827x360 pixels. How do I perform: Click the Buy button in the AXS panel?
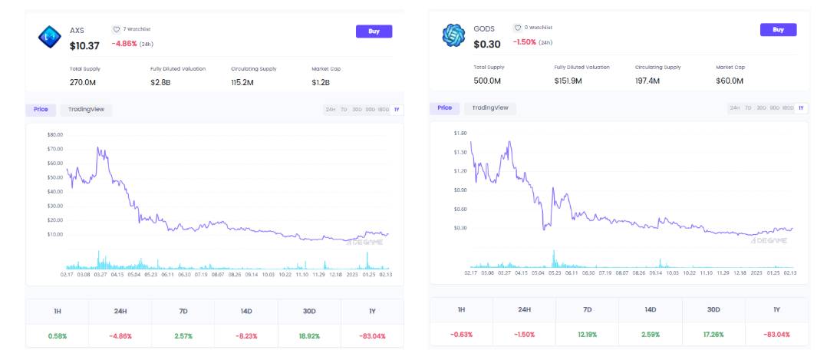coord(374,31)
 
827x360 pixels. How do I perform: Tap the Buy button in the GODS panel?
coord(778,30)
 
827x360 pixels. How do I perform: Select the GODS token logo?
coord(454,35)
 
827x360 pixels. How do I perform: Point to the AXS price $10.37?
coord(85,45)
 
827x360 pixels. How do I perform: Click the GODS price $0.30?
coord(486,44)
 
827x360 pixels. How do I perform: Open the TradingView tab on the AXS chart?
coord(86,110)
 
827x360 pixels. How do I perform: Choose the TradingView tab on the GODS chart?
coord(490,108)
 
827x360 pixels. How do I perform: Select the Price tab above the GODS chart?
coord(444,108)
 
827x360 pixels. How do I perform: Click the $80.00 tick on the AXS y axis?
coord(54,135)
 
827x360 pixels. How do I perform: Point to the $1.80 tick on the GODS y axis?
coord(460,134)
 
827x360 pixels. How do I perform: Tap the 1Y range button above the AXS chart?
coord(397,110)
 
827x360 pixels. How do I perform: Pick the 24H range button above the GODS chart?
coord(734,108)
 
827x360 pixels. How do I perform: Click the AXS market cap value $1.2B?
coord(321,82)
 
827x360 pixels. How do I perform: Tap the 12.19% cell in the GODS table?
coord(587,335)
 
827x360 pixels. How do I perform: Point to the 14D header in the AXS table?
coord(247,312)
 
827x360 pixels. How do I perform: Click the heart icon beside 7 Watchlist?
coord(117,29)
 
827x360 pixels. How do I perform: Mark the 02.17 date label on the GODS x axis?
coord(471,272)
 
